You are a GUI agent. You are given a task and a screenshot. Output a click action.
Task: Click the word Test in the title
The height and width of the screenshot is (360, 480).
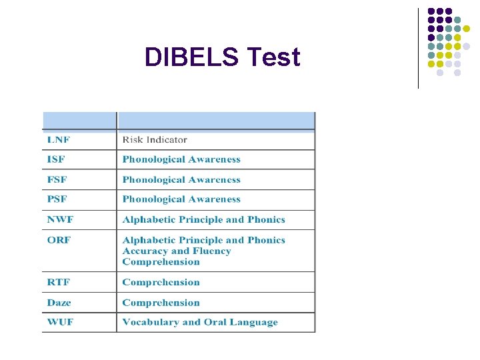tap(273, 57)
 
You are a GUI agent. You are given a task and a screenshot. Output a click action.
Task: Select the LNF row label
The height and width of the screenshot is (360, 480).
tap(58, 140)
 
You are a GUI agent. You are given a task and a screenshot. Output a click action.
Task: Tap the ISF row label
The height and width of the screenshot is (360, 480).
tap(56, 159)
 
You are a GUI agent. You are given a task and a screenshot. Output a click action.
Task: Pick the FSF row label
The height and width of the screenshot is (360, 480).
tap(57, 179)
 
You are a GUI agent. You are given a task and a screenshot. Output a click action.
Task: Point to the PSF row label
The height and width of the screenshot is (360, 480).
tap(57, 199)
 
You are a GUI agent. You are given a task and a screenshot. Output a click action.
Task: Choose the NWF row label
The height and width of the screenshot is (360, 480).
tap(59, 219)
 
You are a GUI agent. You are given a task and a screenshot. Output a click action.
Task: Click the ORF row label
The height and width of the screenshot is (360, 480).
tap(59, 240)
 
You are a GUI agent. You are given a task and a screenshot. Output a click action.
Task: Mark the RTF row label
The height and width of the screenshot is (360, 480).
tap(58, 282)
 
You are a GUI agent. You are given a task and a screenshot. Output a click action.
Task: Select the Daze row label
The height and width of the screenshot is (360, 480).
tap(59, 302)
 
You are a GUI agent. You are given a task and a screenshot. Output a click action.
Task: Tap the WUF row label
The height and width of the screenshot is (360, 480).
tap(59, 322)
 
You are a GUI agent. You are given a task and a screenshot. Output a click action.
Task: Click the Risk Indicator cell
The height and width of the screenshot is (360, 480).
tap(155, 140)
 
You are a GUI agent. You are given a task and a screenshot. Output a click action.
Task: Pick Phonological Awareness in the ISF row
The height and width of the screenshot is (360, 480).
tap(181, 159)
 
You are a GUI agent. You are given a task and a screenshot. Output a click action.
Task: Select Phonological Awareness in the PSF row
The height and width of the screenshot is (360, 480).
tap(181, 199)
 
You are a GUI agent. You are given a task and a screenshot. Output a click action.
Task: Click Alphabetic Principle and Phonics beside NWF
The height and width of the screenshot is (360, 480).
tap(203, 219)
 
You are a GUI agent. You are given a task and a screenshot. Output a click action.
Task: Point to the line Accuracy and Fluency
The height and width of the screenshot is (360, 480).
tap(177, 251)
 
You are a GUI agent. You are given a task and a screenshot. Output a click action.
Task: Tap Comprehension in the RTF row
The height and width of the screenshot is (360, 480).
tap(161, 282)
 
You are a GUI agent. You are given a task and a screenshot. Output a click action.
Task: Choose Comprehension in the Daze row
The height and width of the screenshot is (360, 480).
tap(161, 302)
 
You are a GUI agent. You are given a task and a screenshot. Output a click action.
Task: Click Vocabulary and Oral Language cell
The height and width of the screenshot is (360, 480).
tap(200, 322)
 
